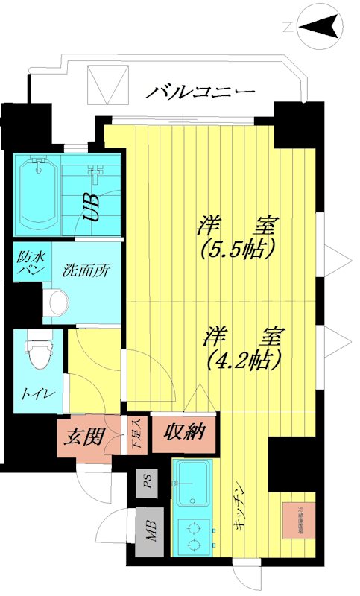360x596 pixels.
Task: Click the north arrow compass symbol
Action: tap(319, 29)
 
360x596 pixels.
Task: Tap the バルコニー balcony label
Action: tap(200, 92)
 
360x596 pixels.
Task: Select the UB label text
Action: tap(92, 208)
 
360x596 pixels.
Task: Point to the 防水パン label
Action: tap(31, 264)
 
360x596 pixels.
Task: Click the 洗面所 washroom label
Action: tap(86, 270)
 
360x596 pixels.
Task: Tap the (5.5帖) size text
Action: tap(239, 247)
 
